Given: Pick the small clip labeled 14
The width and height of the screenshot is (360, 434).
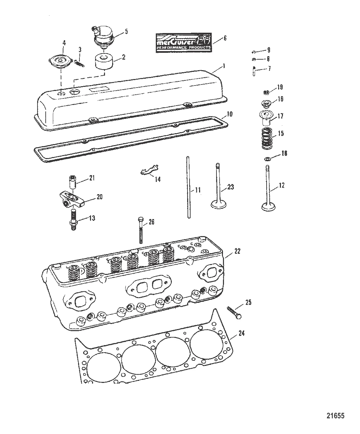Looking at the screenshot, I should click(150, 170).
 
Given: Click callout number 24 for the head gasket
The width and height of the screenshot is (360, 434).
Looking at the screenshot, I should click(241, 334).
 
